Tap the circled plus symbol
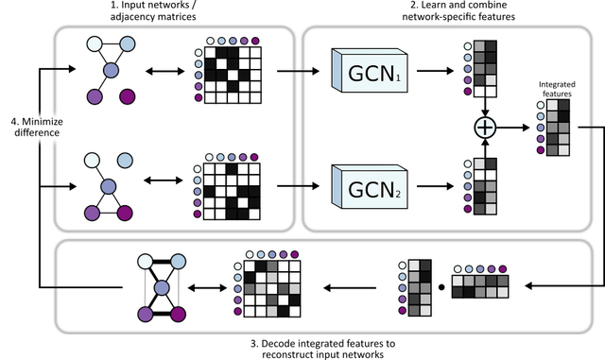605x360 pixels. [484, 128]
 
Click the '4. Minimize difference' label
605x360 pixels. [36, 127]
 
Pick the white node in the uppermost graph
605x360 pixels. [95, 43]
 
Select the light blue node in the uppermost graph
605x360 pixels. [126, 43]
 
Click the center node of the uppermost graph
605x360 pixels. [111, 70]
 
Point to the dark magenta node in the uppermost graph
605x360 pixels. [127, 96]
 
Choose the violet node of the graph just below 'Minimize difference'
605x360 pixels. [94, 213]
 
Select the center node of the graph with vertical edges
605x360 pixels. [161, 287]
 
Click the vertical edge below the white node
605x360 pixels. [145, 287]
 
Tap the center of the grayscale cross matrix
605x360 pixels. [269, 288]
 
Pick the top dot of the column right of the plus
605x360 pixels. [540, 105]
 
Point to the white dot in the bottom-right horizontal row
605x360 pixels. [458, 269]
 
